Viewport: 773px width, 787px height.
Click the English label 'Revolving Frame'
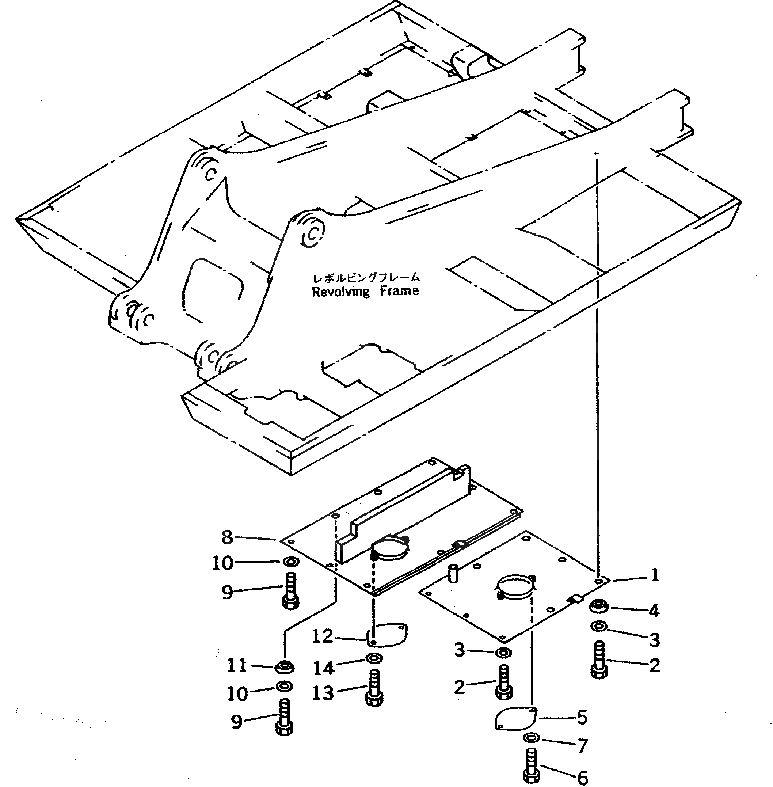365,292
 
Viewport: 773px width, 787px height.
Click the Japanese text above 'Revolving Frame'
366,278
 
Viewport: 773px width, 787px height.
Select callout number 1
654,575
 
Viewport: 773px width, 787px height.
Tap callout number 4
654,611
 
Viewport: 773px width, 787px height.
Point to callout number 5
582,718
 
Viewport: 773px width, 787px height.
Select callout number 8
227,537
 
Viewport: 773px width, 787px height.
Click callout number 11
237,666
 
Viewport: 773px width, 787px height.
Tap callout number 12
323,636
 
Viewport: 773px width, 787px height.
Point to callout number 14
324,668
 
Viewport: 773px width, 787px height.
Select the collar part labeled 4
598,607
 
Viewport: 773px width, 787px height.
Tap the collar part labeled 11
284,666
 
